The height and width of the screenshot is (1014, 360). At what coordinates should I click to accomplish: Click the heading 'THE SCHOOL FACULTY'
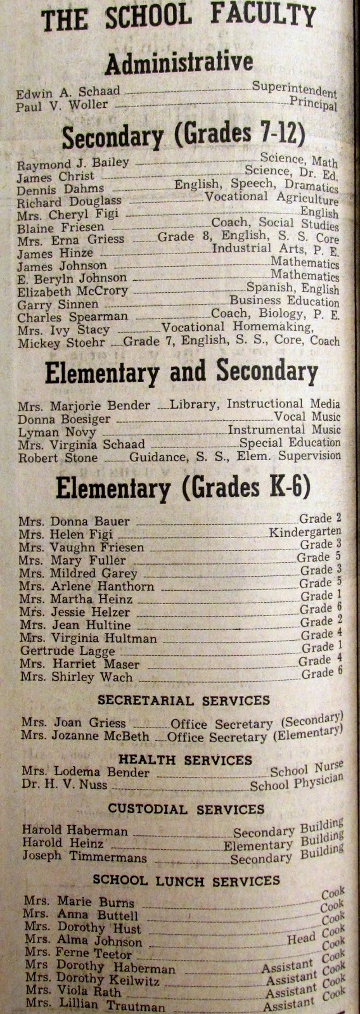click(x=179, y=18)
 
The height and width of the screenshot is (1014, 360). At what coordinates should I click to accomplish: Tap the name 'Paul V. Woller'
click(x=62, y=105)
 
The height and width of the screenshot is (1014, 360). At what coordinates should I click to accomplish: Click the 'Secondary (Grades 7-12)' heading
click(x=184, y=136)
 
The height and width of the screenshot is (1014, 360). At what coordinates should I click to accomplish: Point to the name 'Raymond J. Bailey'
click(x=73, y=164)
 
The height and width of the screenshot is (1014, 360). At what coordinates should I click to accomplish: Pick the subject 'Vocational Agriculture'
click(x=271, y=198)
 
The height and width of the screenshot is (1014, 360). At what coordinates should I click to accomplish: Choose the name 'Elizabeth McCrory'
click(x=72, y=292)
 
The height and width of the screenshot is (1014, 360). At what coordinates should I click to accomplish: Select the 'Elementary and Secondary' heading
click(x=181, y=373)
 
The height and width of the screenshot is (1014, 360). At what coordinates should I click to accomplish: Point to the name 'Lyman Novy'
click(x=57, y=432)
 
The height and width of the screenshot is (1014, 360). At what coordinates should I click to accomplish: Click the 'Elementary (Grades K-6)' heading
click(x=183, y=487)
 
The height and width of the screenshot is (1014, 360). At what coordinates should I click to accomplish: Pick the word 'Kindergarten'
click(x=305, y=532)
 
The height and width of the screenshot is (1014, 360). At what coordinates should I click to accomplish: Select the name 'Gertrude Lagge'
click(x=67, y=651)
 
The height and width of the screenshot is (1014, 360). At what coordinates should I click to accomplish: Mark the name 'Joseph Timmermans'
click(x=84, y=857)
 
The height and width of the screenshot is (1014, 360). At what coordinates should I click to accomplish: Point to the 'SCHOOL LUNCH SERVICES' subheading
click(x=186, y=880)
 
